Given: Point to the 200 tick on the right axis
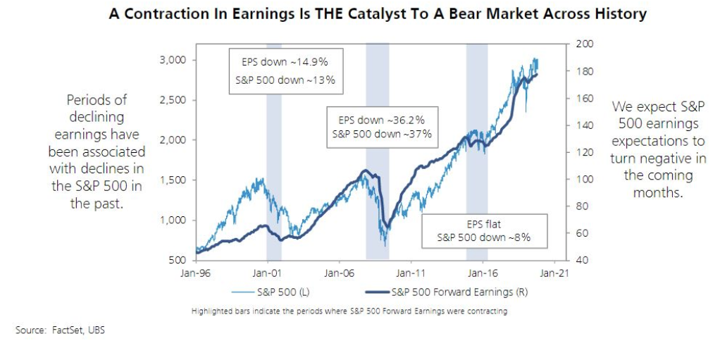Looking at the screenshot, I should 586,44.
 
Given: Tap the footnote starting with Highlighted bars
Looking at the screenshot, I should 349,311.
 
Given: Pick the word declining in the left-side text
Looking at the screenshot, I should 97,117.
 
